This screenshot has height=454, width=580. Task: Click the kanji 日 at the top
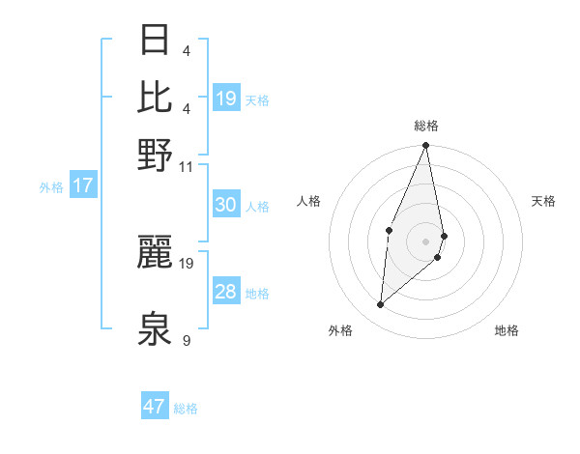(x=156, y=41)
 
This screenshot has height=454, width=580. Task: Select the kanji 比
(x=156, y=98)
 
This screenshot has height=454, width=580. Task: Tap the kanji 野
(x=156, y=156)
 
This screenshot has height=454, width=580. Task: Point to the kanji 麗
(x=156, y=253)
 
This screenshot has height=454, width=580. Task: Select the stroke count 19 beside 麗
(x=187, y=263)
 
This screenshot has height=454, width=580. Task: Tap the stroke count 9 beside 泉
(x=186, y=340)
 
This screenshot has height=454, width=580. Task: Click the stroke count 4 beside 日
(x=186, y=50)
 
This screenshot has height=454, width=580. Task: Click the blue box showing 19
(x=226, y=99)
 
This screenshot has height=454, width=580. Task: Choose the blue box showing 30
(x=225, y=205)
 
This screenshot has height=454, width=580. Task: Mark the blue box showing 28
(x=225, y=292)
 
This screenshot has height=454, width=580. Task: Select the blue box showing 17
(x=82, y=185)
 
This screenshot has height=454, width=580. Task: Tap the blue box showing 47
(x=154, y=407)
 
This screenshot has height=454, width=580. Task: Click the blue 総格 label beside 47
(x=186, y=409)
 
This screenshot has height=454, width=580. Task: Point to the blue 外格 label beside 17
(x=51, y=187)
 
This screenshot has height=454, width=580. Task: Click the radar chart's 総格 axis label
(x=425, y=126)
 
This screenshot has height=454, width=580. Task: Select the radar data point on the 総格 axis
(x=425, y=146)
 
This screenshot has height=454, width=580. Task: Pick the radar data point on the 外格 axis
(x=380, y=305)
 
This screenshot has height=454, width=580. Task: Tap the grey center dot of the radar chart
(x=425, y=241)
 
